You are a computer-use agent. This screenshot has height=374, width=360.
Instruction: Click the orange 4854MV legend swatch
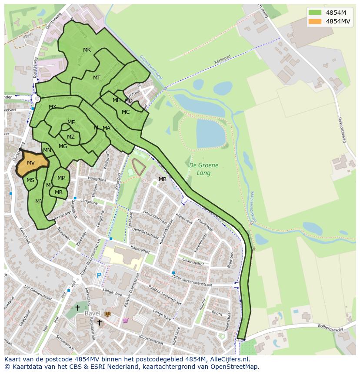[x=315, y=21]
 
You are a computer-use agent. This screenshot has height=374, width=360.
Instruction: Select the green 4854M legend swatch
[x=315, y=13]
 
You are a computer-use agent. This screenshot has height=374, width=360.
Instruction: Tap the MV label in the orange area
[x=30, y=163]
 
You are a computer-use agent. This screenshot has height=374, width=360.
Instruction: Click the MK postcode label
[x=87, y=50]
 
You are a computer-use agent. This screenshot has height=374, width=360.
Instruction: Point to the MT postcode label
[x=97, y=78]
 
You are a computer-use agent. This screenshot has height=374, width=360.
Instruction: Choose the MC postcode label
[x=126, y=112]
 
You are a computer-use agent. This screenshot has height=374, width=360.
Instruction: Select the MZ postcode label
[x=71, y=137]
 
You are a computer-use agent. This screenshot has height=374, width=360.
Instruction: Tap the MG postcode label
[x=63, y=146]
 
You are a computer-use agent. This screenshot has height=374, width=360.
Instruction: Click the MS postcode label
[x=30, y=180]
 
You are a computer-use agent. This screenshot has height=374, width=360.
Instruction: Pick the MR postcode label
[x=59, y=192]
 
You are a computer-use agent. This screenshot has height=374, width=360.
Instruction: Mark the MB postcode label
[x=163, y=179]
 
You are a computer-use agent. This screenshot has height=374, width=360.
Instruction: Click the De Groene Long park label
[x=203, y=169]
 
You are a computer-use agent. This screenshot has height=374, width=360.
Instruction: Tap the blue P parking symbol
[x=99, y=275]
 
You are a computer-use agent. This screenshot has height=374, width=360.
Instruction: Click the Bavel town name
[x=92, y=313]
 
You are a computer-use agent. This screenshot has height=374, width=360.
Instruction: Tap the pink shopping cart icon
[x=125, y=321]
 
